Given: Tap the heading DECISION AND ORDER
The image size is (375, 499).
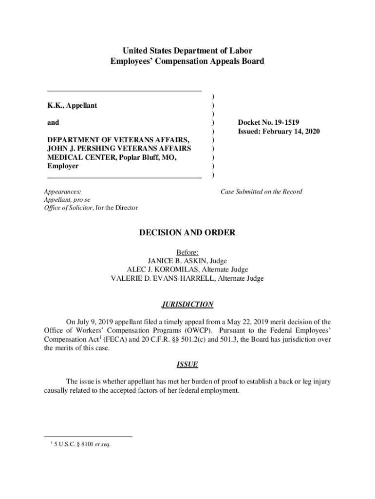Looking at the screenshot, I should (x=187, y=233).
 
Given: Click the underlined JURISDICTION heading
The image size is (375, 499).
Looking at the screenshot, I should (x=187, y=305).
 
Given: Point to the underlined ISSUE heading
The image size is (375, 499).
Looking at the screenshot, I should (x=187, y=365).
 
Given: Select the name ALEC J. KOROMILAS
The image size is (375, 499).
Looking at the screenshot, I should (x=165, y=269).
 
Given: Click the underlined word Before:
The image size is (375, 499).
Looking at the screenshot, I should (x=187, y=252).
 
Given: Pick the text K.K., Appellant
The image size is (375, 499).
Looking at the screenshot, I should (x=72, y=105).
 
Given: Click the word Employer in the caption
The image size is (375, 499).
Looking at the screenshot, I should (x=63, y=167).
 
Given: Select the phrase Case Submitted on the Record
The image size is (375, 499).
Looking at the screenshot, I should (x=261, y=192).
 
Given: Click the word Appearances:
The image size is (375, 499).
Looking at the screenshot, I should (x=63, y=192).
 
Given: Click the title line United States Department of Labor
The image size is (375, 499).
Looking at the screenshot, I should (x=187, y=51).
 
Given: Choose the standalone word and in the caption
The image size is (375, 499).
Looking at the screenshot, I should (x=53, y=123).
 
